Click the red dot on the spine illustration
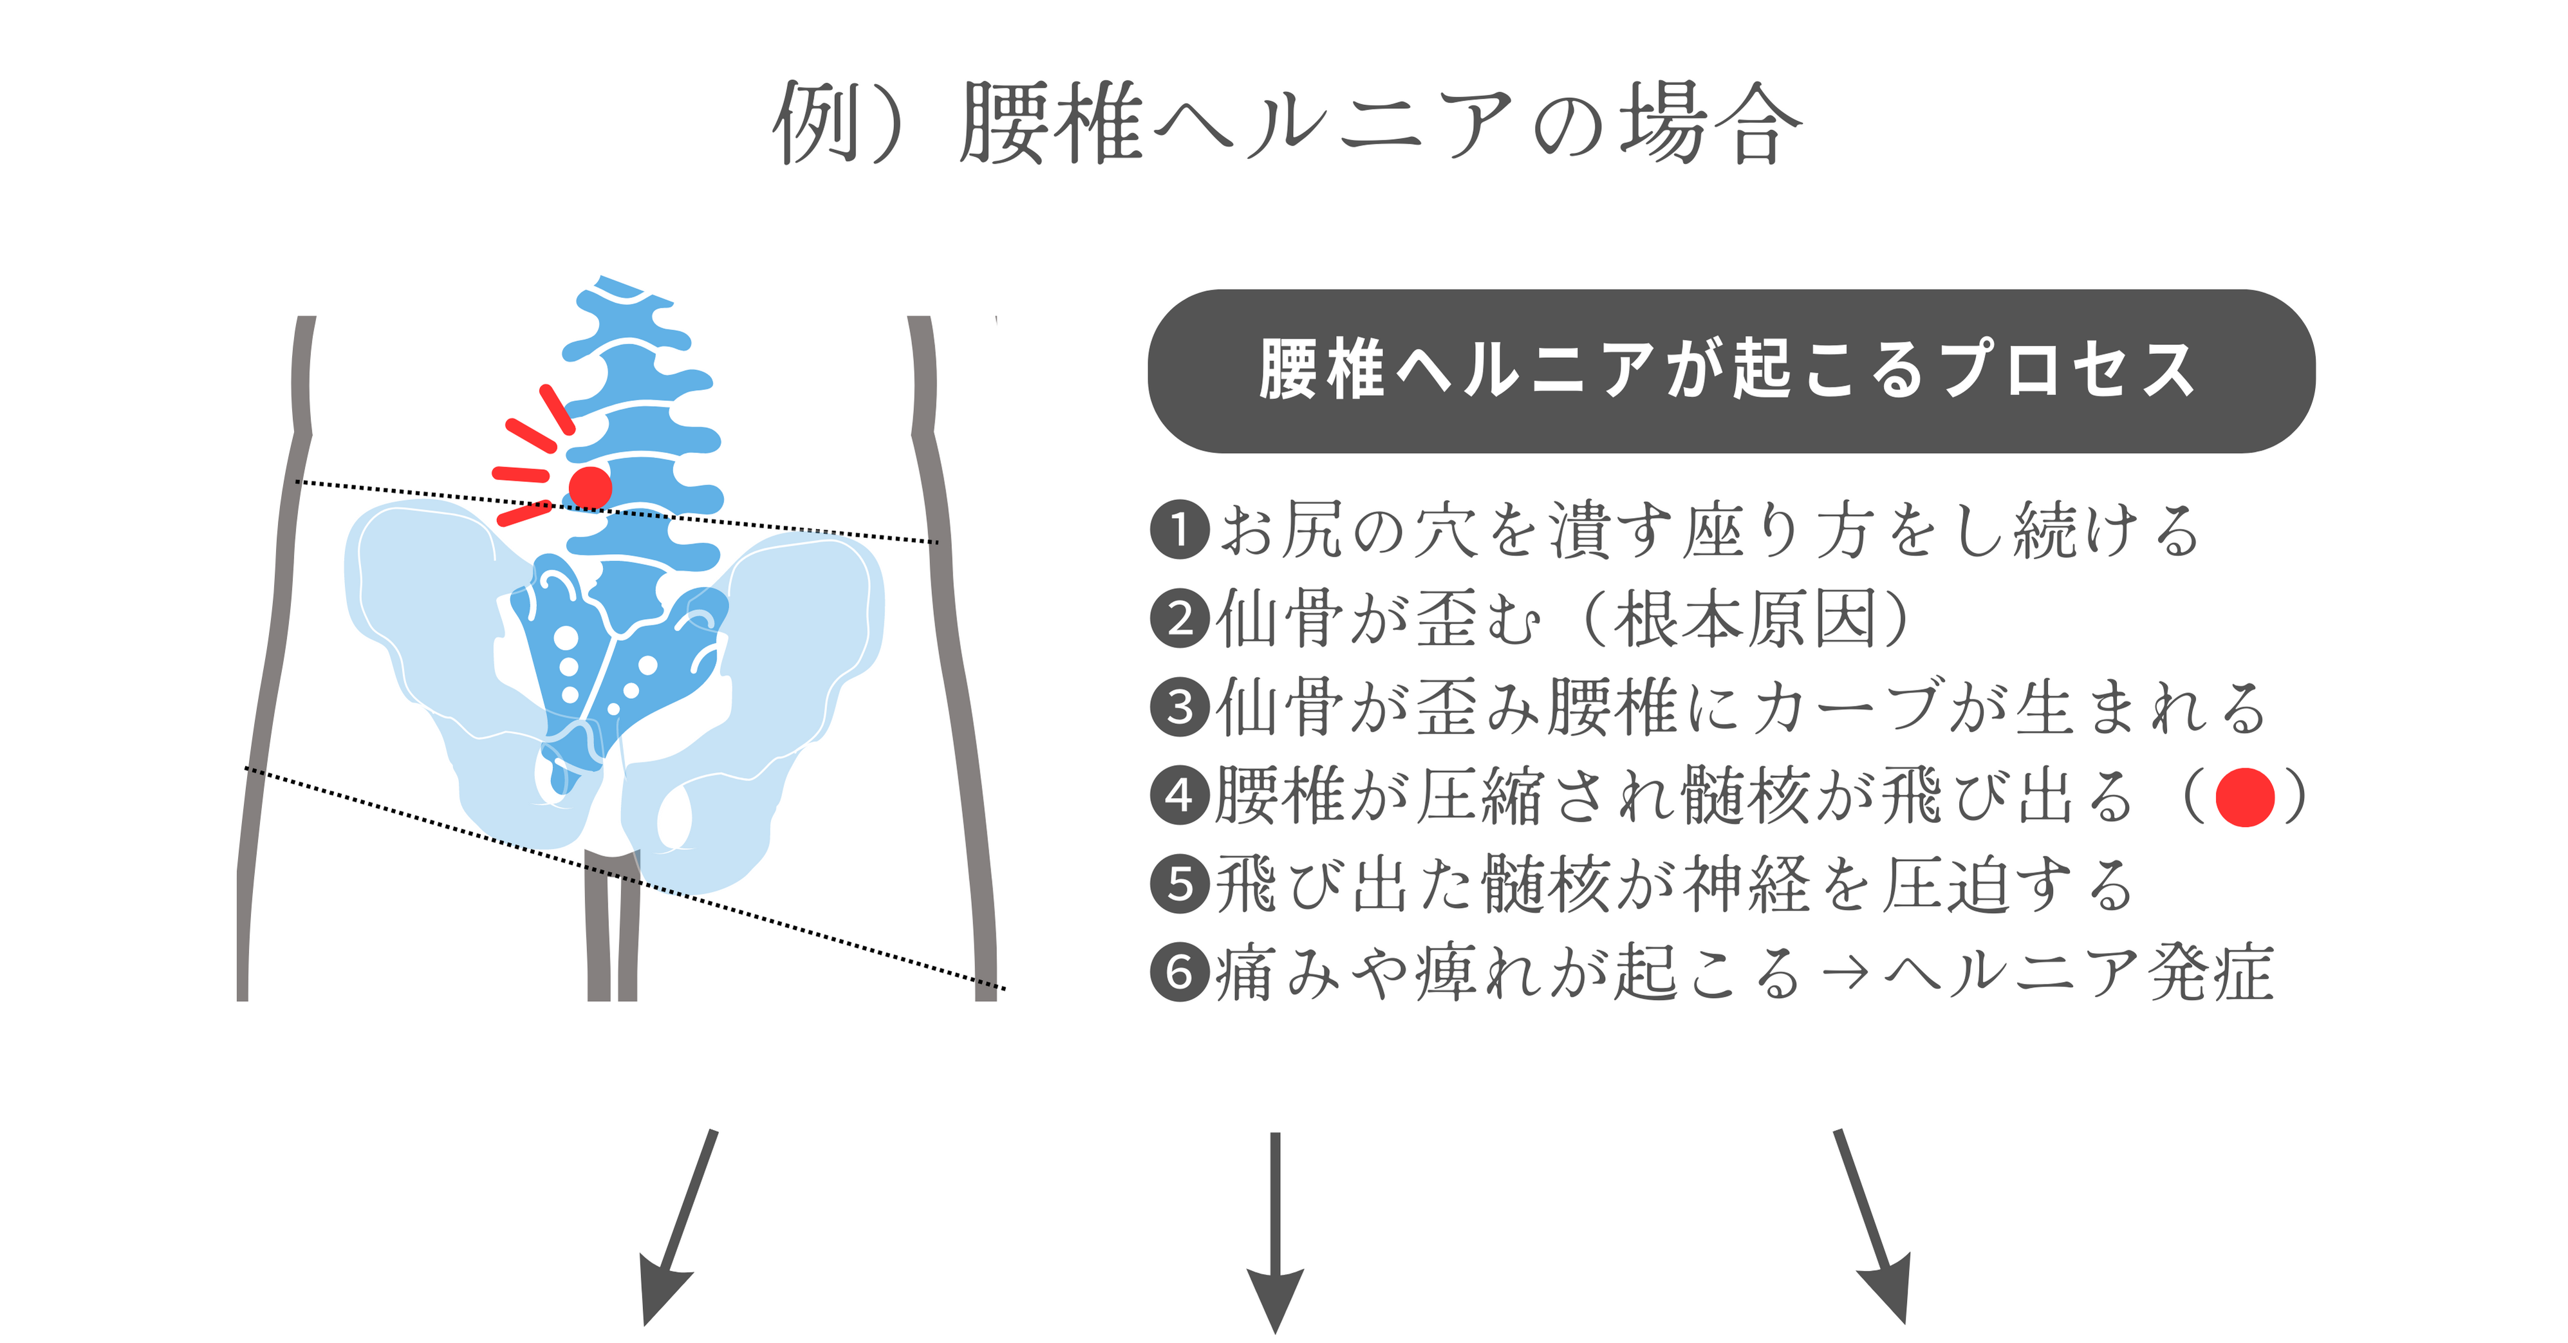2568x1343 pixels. pyautogui.click(x=589, y=488)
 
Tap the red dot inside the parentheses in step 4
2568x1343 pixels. pyautogui.click(x=2245, y=797)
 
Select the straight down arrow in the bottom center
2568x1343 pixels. pyautogui.click(x=1275, y=1232)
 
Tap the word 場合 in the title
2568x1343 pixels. pyautogui.click(x=1711, y=123)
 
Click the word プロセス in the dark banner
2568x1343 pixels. pyautogui.click(x=2069, y=370)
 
